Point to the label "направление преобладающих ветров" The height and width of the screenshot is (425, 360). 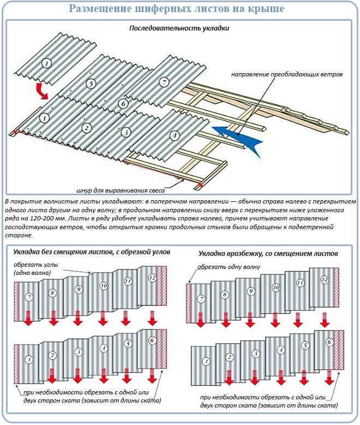pos(287,74)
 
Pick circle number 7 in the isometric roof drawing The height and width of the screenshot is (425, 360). pos(163,82)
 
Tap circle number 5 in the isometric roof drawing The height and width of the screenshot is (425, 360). pos(91,83)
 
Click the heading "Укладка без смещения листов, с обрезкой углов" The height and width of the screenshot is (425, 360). pos(92,252)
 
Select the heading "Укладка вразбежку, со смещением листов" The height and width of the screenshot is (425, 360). pos(268,254)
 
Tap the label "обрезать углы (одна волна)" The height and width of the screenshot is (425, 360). pos(37,269)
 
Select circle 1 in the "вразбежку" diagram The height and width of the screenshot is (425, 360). pos(206,361)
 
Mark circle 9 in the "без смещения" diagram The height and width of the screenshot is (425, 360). pos(79,289)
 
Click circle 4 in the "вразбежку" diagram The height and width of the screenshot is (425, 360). pos(281,349)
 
